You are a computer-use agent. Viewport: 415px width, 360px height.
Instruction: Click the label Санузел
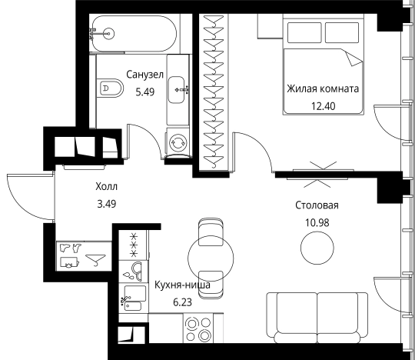[x=144, y=75]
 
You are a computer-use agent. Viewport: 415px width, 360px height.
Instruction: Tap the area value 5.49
[x=144, y=92]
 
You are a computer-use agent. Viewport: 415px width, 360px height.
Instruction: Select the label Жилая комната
[x=323, y=88]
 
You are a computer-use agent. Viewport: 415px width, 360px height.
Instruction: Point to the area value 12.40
[x=323, y=106]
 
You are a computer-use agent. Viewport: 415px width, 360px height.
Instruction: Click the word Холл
[x=106, y=187]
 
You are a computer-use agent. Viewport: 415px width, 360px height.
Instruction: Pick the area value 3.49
[x=107, y=204]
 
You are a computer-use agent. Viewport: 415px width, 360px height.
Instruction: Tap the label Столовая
[x=317, y=205]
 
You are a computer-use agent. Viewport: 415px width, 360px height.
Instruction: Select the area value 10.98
[x=317, y=223]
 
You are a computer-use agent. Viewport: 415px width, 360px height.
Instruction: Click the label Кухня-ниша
[x=182, y=285]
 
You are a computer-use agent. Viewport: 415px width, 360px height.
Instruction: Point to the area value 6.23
[x=182, y=302]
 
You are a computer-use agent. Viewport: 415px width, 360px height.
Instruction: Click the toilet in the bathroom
[x=110, y=88]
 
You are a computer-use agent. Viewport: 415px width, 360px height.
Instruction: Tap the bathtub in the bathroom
[x=134, y=33]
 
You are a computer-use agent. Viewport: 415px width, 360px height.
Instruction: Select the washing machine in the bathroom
[x=178, y=142]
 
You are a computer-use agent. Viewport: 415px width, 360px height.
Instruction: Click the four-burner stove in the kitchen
[x=198, y=328]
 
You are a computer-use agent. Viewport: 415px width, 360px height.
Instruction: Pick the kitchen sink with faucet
[x=132, y=298]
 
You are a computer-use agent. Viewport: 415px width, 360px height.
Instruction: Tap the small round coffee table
[x=317, y=248]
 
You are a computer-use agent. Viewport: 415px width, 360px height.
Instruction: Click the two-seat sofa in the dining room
[x=317, y=318]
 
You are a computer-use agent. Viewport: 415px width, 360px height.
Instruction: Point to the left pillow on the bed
[x=304, y=32]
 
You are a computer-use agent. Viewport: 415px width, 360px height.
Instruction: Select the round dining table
[x=211, y=258]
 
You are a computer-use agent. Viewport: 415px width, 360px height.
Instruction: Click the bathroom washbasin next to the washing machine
[x=177, y=90]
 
